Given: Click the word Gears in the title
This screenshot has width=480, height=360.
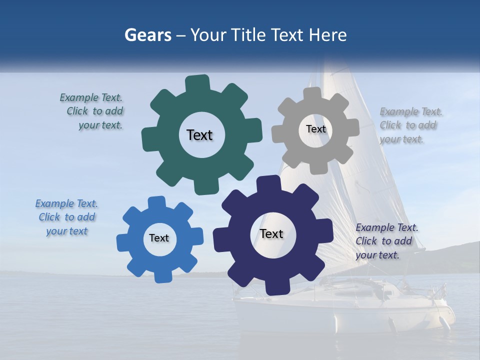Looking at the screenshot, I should (x=147, y=35).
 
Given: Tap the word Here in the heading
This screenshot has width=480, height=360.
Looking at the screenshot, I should (x=328, y=35).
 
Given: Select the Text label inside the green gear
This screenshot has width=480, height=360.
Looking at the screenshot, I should (x=199, y=135).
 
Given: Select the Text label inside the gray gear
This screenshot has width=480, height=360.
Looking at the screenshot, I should (x=315, y=129).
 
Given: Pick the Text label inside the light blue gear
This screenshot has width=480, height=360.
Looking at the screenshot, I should (x=159, y=238).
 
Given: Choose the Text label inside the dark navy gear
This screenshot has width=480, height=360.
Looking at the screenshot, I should (x=271, y=233).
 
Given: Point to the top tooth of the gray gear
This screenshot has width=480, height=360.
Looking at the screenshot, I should (x=312, y=94).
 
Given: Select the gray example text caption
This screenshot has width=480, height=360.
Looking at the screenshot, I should (x=408, y=125).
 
